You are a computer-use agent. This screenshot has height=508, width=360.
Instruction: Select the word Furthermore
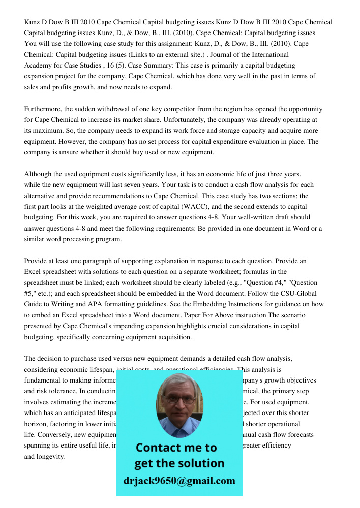coord(45,109)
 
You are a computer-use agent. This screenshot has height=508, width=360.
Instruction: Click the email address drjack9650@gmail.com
coord(179,481)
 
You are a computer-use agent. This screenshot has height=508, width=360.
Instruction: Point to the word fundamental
coord(44,380)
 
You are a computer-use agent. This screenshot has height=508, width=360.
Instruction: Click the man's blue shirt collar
coord(179,429)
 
